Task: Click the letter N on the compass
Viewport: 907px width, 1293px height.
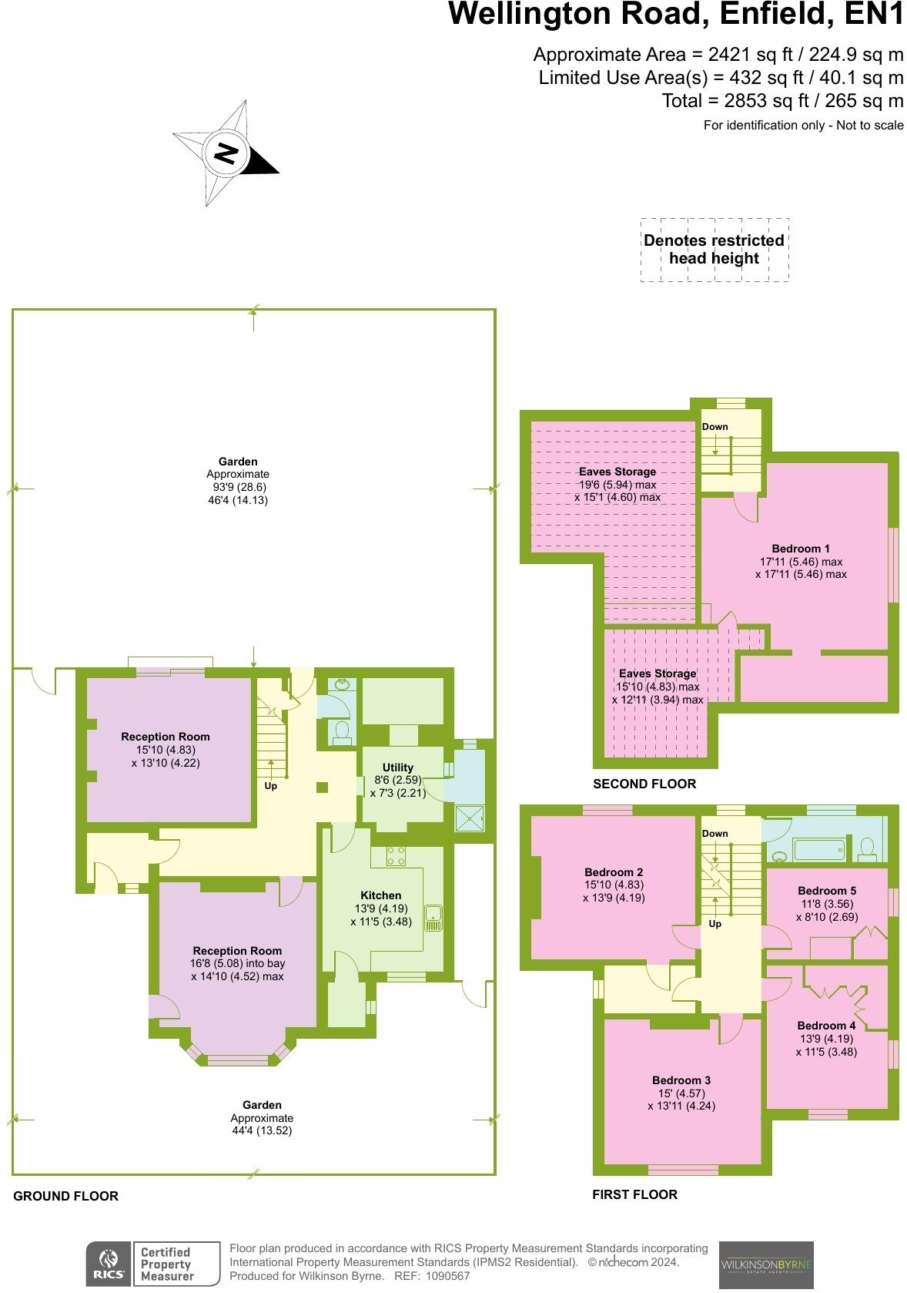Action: point(226,153)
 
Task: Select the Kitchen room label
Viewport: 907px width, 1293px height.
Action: point(381,895)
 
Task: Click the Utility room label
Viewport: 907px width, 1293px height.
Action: point(397,767)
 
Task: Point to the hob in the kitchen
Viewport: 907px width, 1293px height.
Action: point(396,855)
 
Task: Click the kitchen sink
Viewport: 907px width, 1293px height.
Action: point(434,918)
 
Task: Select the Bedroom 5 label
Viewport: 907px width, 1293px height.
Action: point(826,891)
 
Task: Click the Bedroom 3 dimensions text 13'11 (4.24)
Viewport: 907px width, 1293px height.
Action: point(681,1106)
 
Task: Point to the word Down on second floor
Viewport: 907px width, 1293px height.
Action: point(715,427)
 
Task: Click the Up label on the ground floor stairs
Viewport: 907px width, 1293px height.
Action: point(270,786)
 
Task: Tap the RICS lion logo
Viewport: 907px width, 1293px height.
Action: point(109,1264)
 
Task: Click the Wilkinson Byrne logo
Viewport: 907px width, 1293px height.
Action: point(765,1264)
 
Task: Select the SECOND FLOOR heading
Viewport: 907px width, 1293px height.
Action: point(644,784)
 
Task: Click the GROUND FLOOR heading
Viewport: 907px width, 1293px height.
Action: point(65,1196)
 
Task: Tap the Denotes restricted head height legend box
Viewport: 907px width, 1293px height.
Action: point(714,250)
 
